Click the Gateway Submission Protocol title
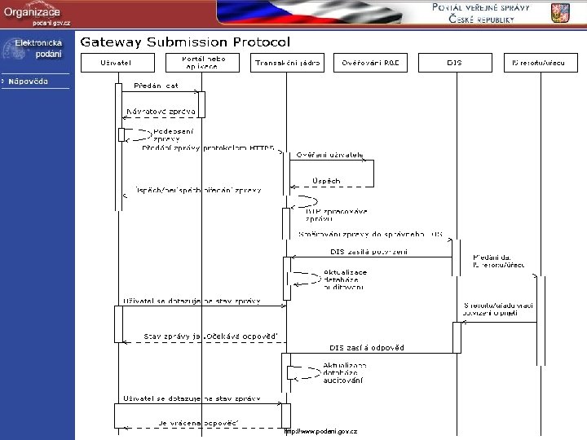pos(184,42)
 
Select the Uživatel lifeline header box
pos(116,62)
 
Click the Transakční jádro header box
pos(287,62)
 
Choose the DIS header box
pos(453,62)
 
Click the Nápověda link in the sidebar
pos(29,81)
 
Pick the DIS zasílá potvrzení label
pos(368,251)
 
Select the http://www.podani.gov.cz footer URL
pos(320,431)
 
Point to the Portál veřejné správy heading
pos(481,12)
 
